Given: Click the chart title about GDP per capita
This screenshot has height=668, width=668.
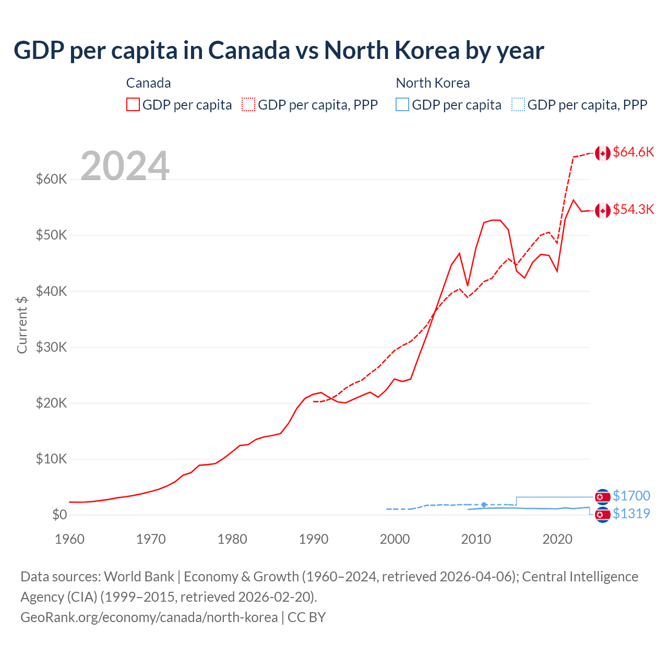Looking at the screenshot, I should (x=279, y=51).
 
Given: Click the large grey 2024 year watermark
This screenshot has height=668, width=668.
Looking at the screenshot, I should (x=125, y=166).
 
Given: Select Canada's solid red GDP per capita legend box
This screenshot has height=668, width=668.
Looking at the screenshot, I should (x=133, y=104).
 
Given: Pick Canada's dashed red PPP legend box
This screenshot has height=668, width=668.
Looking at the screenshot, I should (x=248, y=104).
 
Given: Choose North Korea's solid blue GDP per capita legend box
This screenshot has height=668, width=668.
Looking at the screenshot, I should (x=402, y=104).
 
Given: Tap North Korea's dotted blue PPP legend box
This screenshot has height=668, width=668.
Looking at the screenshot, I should (x=518, y=104).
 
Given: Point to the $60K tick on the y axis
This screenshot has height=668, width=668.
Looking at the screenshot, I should (x=51, y=179).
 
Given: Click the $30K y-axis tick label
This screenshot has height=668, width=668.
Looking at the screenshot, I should (x=51, y=347).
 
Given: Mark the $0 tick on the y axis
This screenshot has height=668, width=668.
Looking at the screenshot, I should (x=59, y=515).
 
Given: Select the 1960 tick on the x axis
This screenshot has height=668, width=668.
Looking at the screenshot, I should (x=69, y=539).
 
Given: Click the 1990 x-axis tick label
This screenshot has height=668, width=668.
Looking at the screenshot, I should (x=313, y=539).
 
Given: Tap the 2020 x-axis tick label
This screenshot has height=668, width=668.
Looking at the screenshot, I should (x=557, y=539).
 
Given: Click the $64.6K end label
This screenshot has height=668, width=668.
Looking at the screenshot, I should (x=633, y=152).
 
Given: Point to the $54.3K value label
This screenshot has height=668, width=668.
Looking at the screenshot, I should (x=633, y=209).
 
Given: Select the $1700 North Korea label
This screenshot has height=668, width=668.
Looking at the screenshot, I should (x=631, y=496).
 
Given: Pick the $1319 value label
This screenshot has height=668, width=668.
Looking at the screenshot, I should (x=631, y=514).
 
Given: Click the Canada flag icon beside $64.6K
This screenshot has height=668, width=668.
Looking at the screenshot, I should (x=603, y=153).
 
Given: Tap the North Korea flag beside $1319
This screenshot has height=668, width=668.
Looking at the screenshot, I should (x=603, y=515).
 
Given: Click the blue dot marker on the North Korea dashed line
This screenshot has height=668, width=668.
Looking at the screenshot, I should (x=484, y=505).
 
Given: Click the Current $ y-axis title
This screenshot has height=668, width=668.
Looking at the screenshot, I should (x=22, y=325).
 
